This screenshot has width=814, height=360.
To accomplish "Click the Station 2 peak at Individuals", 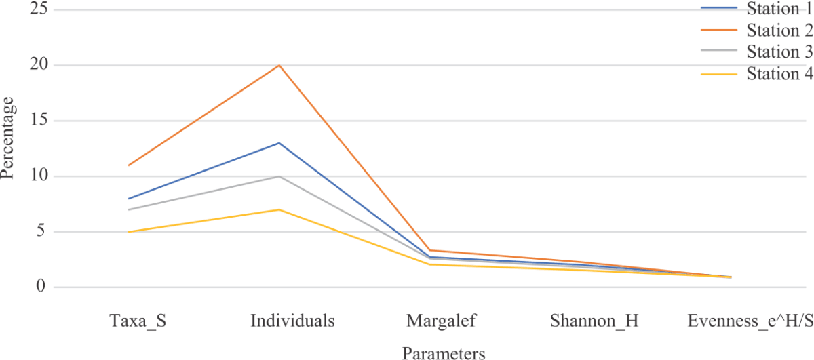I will pyautogui.click(x=279, y=66).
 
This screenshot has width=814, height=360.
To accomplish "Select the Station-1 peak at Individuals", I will pyautogui.click(x=279, y=143).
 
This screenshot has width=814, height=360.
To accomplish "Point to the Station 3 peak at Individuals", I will pyautogui.click(x=279, y=176).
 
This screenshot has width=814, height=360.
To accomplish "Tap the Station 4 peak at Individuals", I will pyautogui.click(x=279, y=209).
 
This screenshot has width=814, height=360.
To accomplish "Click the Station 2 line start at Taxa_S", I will pyautogui.click(x=129, y=165).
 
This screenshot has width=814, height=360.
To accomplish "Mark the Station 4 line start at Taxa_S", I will pyautogui.click(x=129, y=232).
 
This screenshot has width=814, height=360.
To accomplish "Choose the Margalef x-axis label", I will pyautogui.click(x=442, y=321).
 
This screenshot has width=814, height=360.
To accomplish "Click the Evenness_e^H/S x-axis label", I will pyautogui.click(x=749, y=321).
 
